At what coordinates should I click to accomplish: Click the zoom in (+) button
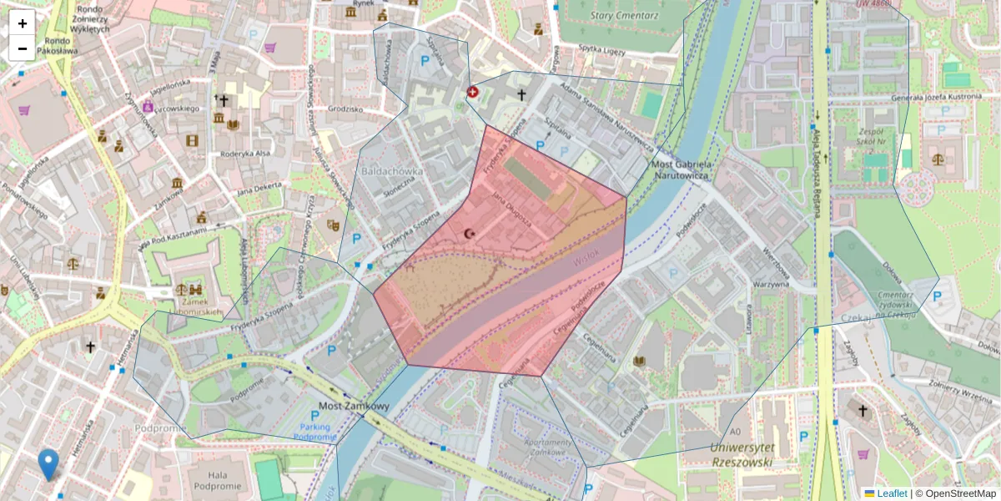23,23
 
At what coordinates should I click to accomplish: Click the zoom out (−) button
23,48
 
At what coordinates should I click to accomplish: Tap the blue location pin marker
49,464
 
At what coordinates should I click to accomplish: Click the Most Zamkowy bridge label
355,407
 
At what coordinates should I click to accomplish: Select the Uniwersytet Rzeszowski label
742,453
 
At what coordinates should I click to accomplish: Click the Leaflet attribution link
891,493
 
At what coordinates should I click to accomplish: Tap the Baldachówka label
392,171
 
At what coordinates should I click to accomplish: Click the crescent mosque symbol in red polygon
469,234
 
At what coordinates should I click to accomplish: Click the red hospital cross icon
472,92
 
